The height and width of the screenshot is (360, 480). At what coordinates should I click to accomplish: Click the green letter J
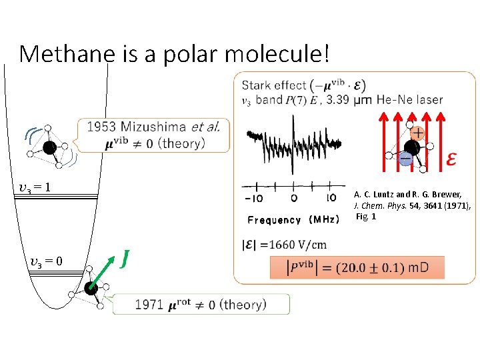(125, 257)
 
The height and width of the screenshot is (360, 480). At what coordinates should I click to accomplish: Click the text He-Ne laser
(409, 100)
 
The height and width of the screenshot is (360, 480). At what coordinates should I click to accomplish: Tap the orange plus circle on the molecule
(417, 134)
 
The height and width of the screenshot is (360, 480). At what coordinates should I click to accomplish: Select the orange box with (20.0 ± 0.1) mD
(357, 268)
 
